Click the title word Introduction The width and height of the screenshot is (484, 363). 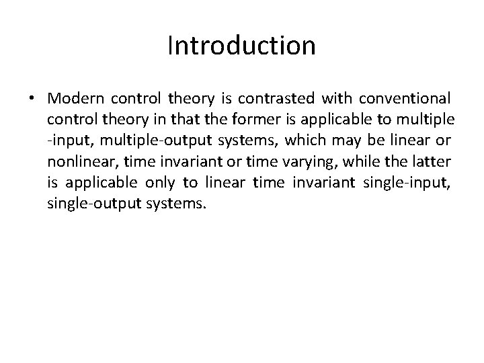tap(241, 46)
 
